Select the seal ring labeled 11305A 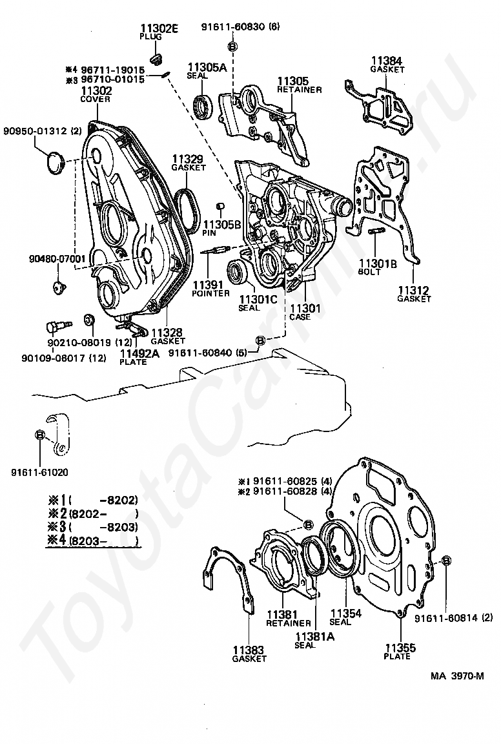tap(204, 104)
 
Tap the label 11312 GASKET tap(413, 294)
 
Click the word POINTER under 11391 tap(210, 293)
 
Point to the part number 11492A tap(138, 353)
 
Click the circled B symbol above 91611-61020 tap(40, 434)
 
